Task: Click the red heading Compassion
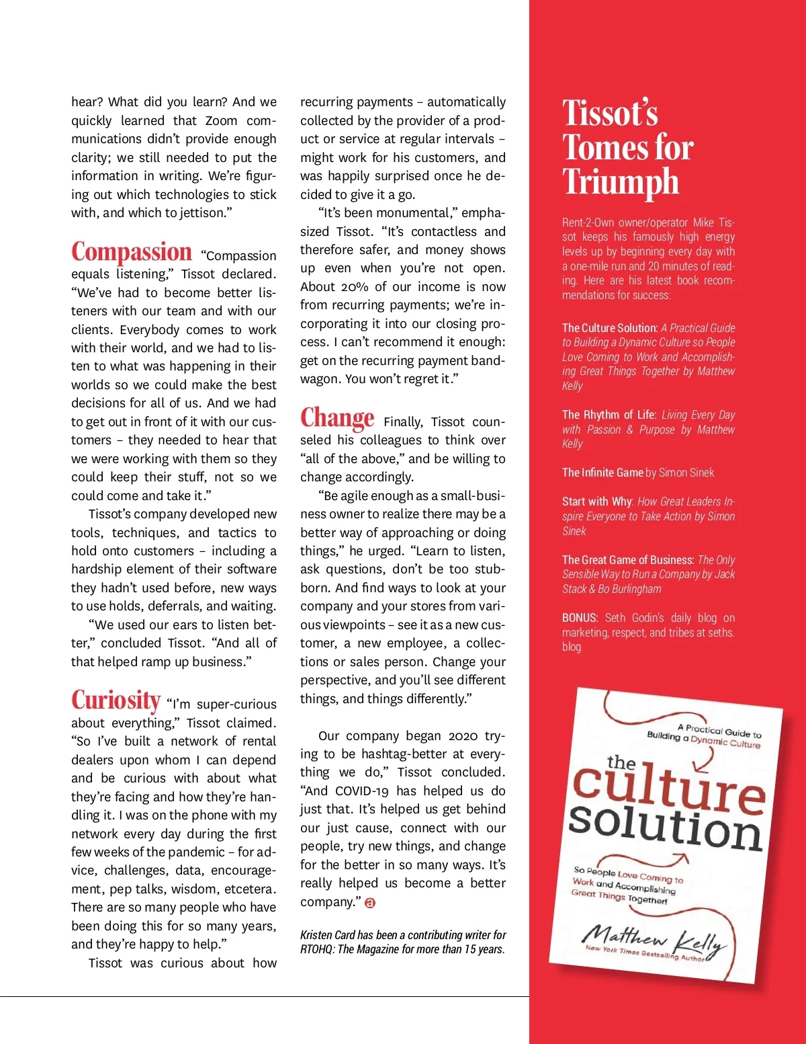click(132, 252)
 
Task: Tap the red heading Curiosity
click(116, 700)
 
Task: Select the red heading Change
click(337, 418)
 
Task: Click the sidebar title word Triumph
click(621, 182)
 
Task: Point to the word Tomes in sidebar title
click(598, 147)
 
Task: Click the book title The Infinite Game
click(602, 473)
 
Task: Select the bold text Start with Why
click(597, 501)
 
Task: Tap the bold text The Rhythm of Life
click(609, 415)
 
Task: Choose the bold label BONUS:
click(580, 618)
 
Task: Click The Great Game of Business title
click(627, 560)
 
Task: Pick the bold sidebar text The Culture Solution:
click(610, 328)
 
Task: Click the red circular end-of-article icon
click(370, 903)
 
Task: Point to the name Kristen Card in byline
click(327, 935)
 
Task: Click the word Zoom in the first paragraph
click(221, 121)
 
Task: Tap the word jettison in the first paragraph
click(201, 213)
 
